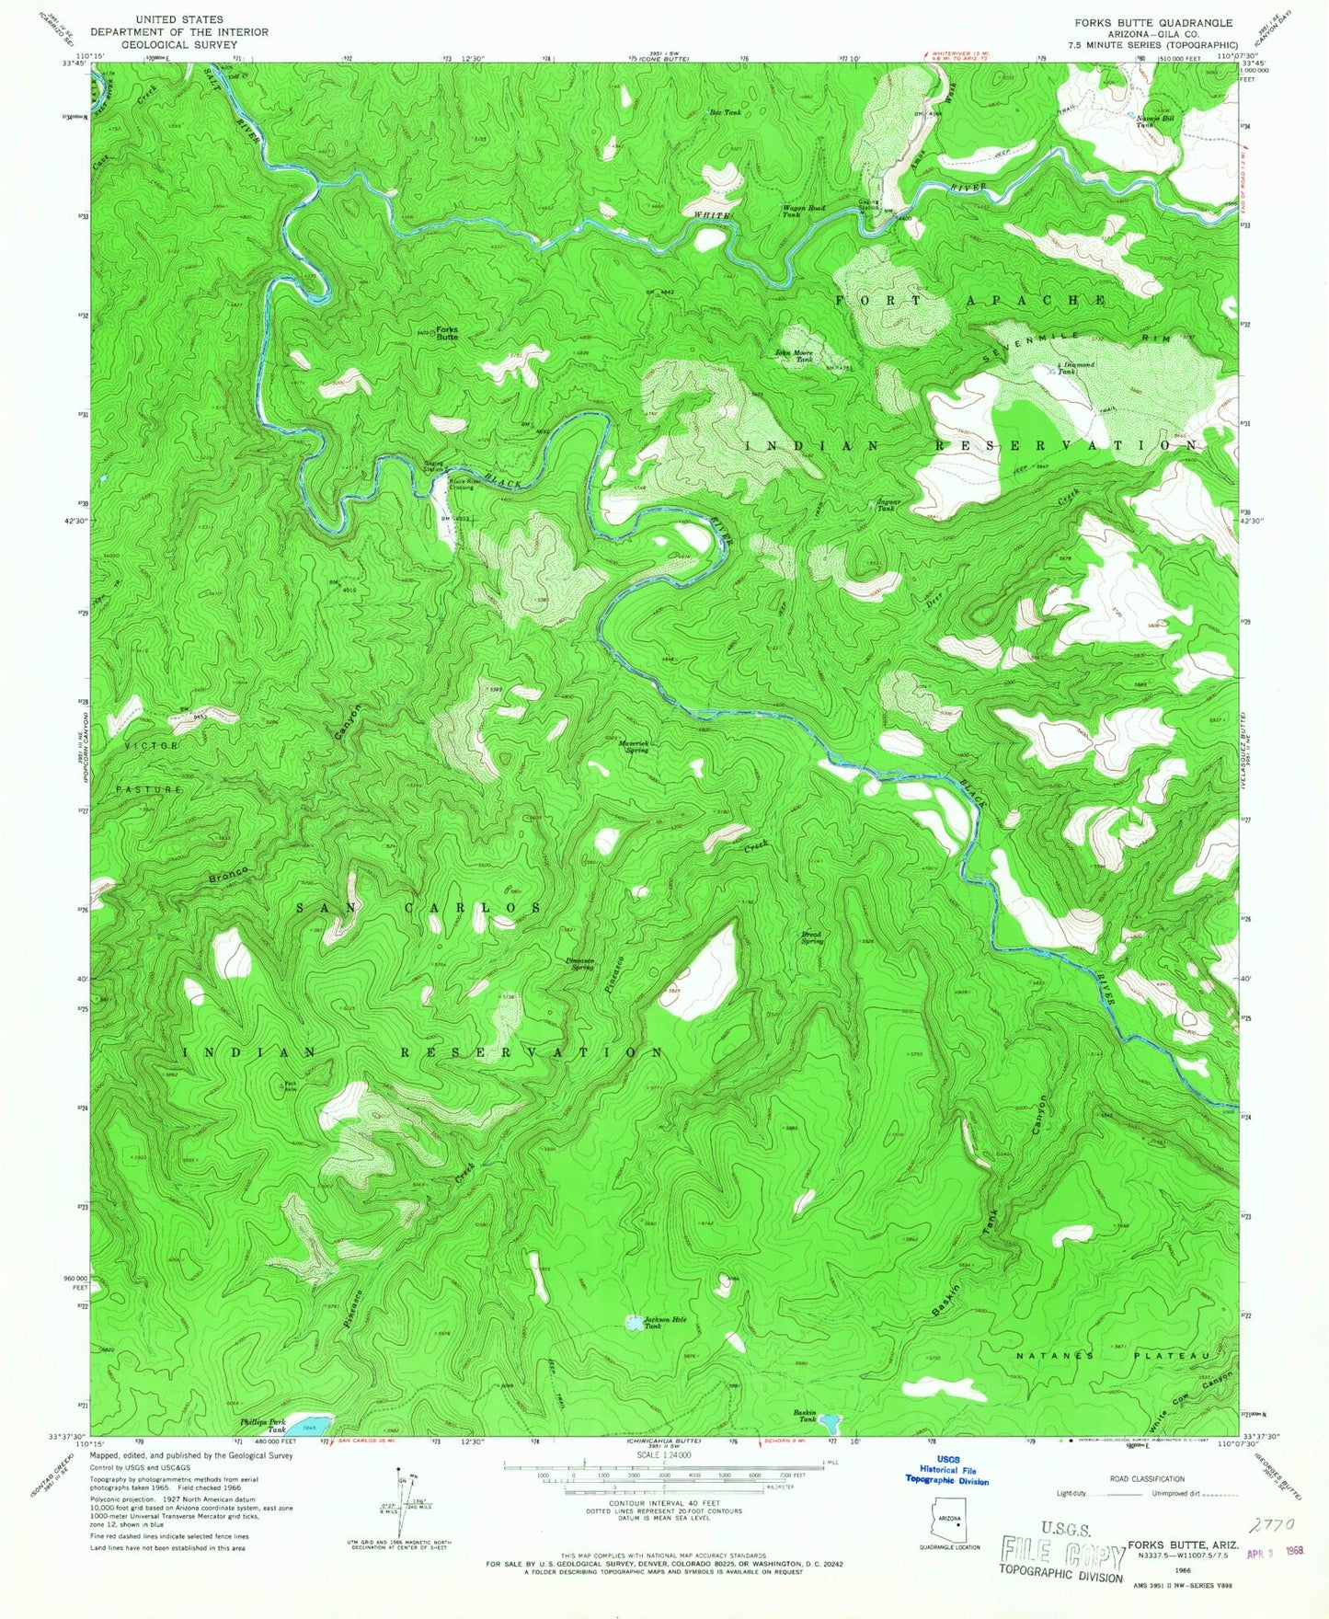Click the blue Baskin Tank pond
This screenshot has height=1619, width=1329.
tap(831, 1425)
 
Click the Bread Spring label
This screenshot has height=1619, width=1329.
tap(812, 939)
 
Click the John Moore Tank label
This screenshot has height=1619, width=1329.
tap(793, 356)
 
